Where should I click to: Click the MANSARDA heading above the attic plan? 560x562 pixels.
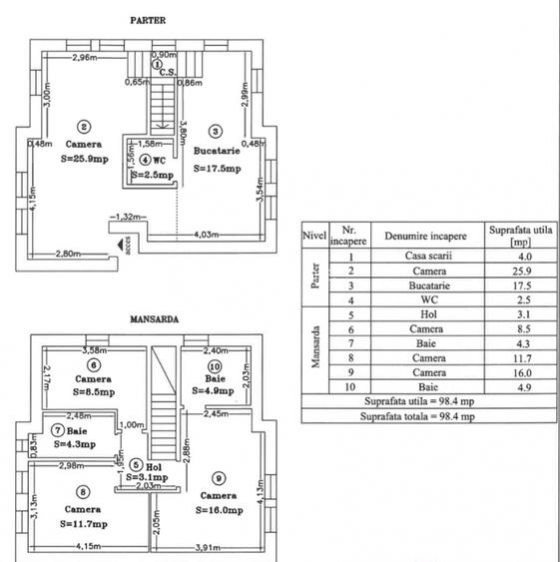tap(154, 320)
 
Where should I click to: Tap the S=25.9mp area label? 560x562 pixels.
tap(85, 157)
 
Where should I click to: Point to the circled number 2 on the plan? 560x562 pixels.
tap(85, 126)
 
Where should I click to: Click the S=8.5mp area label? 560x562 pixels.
tap(96, 392)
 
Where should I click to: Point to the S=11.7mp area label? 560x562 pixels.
tap(83, 522)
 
